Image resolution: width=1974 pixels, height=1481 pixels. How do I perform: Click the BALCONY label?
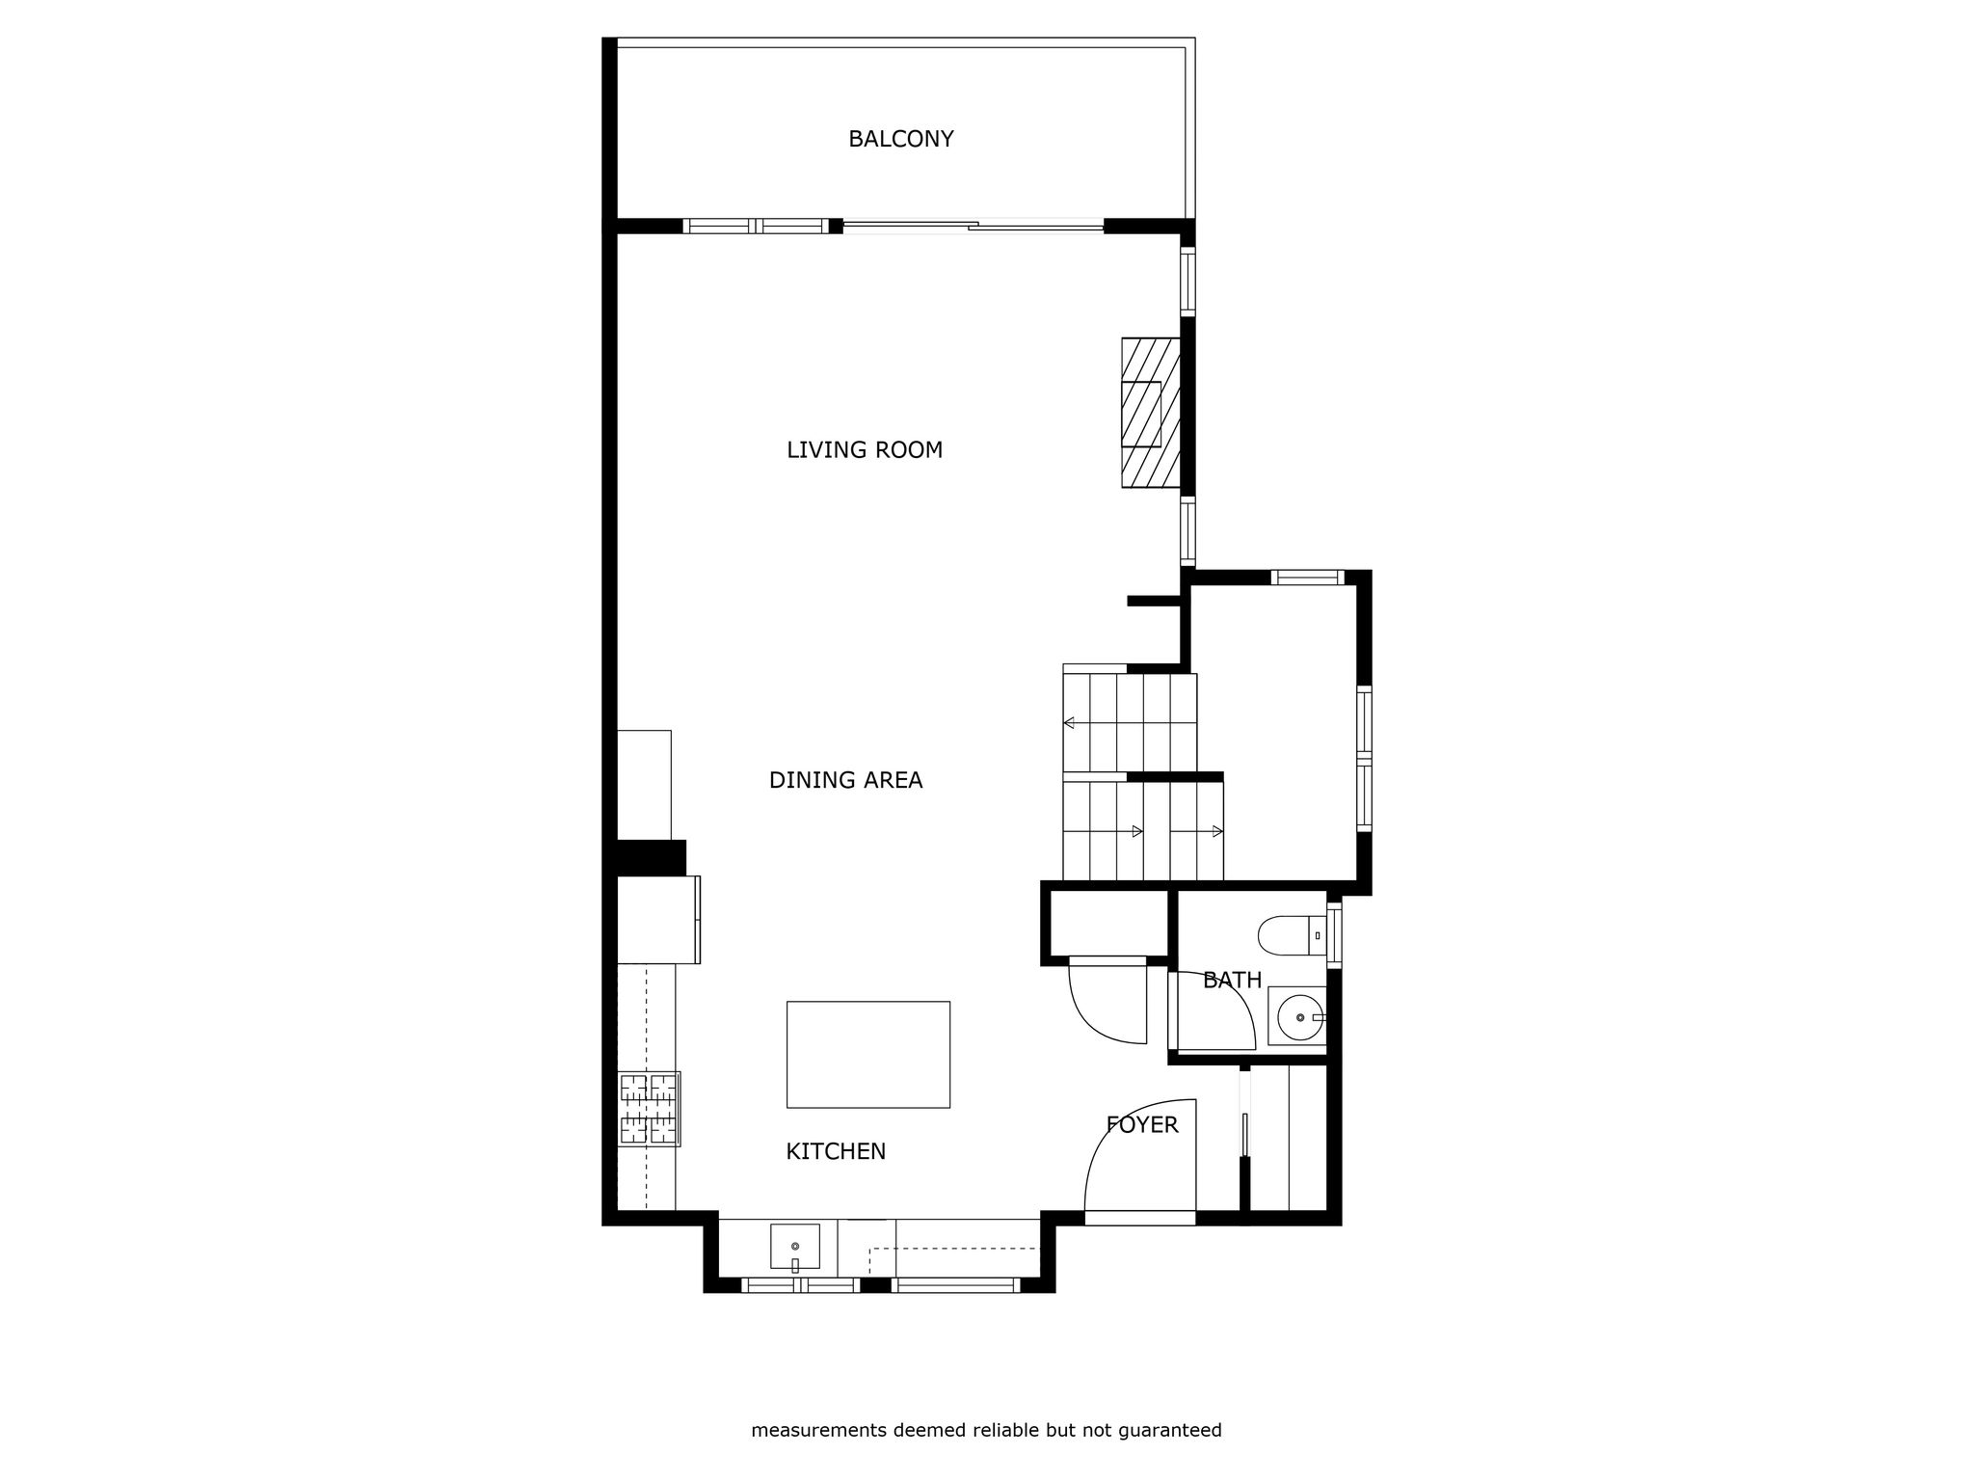pos(900,139)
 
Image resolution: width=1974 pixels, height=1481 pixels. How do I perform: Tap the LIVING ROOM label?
pos(865,450)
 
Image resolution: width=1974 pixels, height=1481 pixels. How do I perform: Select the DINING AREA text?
pos(845,780)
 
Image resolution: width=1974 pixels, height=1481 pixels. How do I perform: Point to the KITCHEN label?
pos(836,1151)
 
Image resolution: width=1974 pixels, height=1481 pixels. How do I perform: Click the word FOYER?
pos(1142,1124)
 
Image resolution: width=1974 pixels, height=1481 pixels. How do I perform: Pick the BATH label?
pos(1232,981)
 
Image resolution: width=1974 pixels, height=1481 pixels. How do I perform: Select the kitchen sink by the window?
pos(795,1248)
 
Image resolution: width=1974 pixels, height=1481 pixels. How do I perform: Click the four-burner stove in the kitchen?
pos(649,1109)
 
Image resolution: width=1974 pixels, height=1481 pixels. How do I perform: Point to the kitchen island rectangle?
pos(868,1054)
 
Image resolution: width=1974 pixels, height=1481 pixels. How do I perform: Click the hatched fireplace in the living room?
pos(1151,413)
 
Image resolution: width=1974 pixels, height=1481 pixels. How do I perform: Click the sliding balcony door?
pos(974,227)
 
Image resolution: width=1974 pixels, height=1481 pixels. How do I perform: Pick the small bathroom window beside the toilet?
pos(1334,934)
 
